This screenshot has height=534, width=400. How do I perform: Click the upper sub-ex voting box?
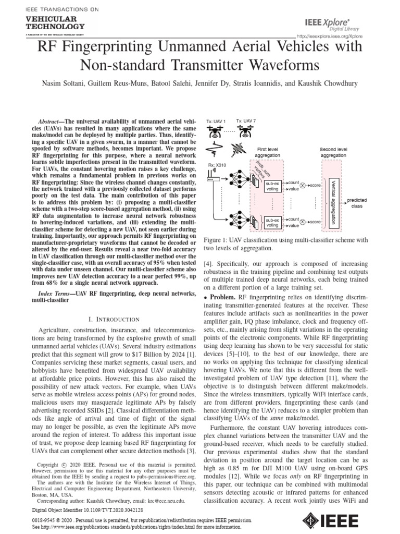(x=272, y=187)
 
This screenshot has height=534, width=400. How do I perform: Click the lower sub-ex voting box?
(x=272, y=223)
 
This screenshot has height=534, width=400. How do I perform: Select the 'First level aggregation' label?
(x=268, y=152)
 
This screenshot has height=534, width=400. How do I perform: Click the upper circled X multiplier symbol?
(x=303, y=185)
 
